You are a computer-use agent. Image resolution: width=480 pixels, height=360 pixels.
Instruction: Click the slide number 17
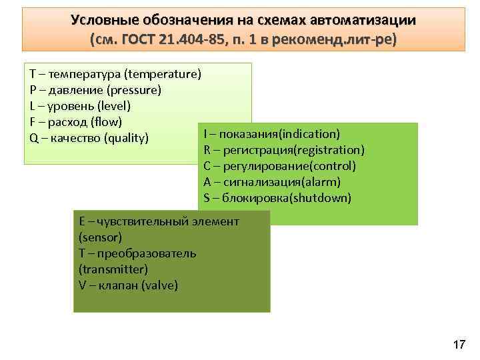(459, 345)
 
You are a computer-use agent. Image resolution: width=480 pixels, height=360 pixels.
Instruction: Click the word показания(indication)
(279, 134)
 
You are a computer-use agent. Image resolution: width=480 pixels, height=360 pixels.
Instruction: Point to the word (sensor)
(100, 237)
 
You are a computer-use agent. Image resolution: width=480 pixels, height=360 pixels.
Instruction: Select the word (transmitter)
(113, 269)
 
